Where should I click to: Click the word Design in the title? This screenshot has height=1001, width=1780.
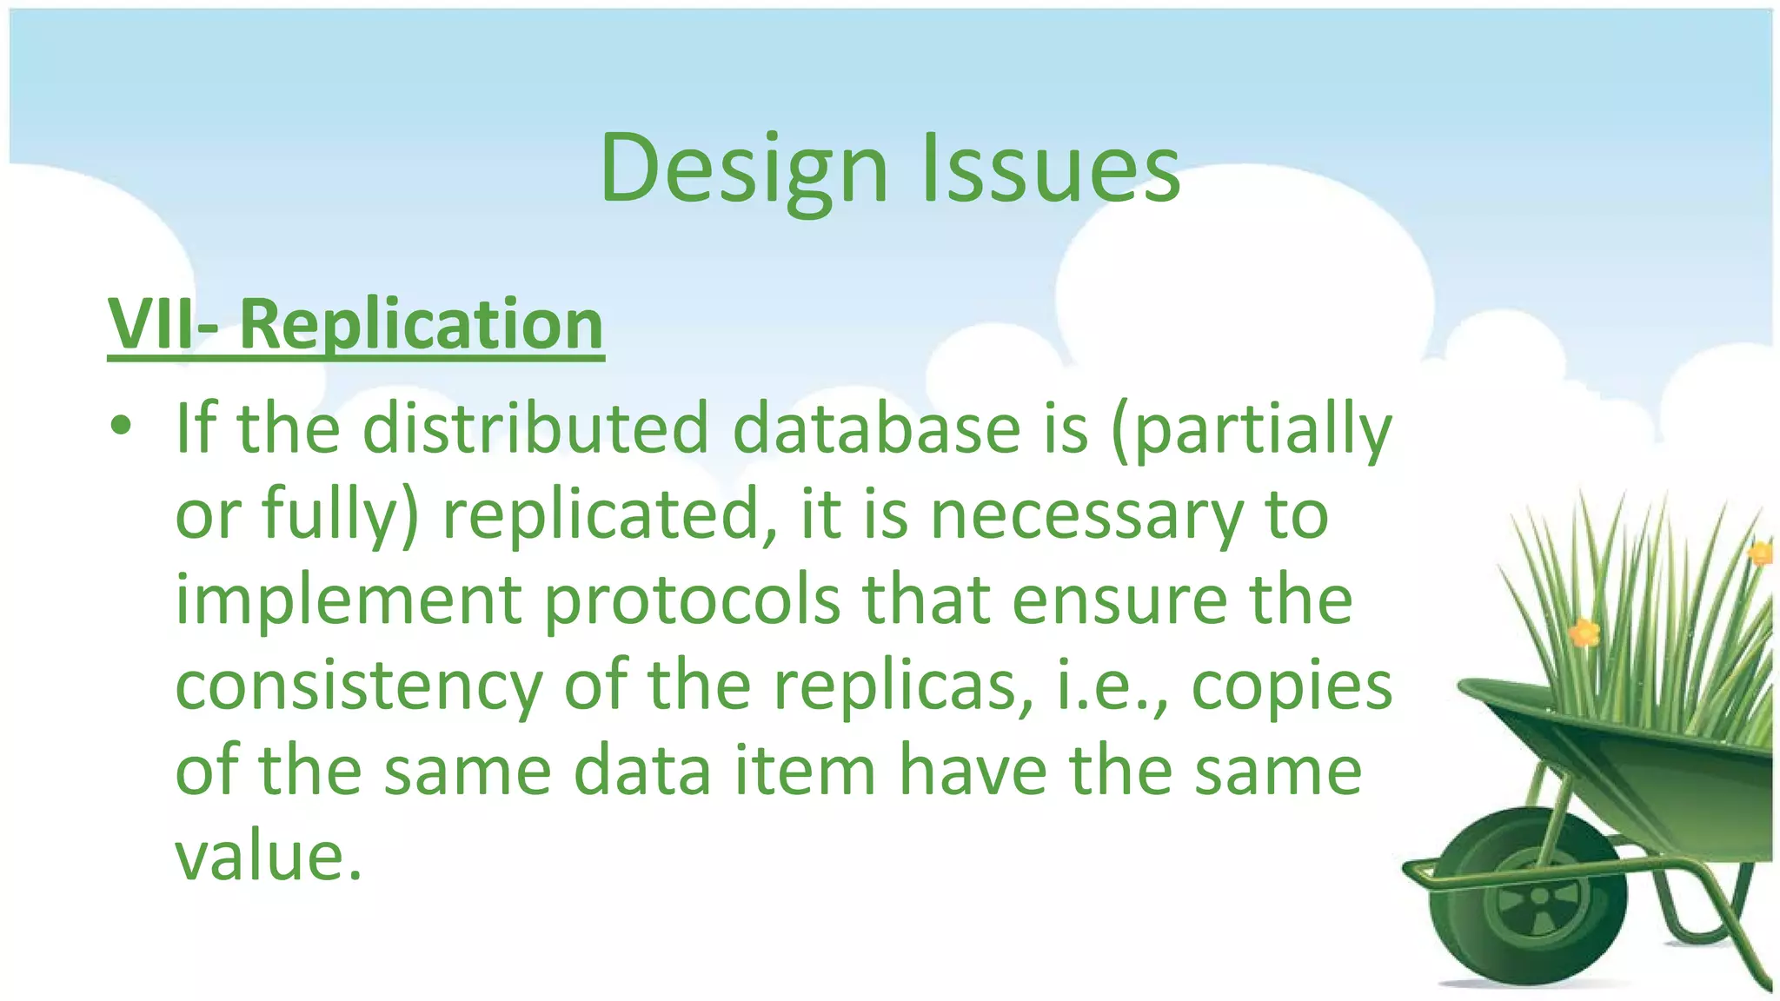[x=744, y=169]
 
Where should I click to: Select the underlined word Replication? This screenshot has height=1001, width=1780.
[x=421, y=324]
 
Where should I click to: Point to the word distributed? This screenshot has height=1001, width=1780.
[x=535, y=428]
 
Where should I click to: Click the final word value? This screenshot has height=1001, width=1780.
[x=268, y=857]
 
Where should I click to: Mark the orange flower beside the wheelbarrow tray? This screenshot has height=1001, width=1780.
[x=1584, y=633]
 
